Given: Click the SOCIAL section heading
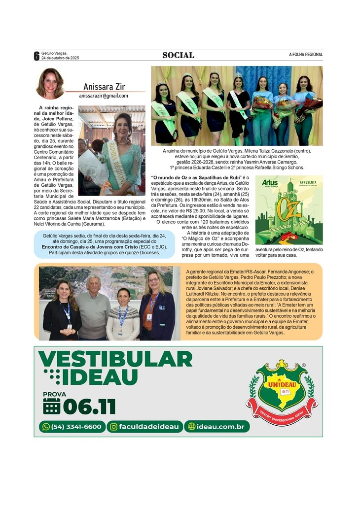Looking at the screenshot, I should click(x=178, y=55).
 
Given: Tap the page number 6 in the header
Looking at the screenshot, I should click(x=36, y=56).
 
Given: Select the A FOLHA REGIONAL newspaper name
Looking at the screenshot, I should click(x=306, y=55).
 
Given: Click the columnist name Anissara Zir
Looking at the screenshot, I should click(x=104, y=87).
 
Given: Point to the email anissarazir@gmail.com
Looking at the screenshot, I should click(x=103, y=96).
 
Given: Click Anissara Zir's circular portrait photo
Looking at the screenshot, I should click(x=50, y=84).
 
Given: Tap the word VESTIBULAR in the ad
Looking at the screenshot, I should click(x=115, y=359).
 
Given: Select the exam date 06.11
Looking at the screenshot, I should click(x=89, y=407).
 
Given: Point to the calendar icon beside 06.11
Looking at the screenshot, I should click(x=51, y=406).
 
